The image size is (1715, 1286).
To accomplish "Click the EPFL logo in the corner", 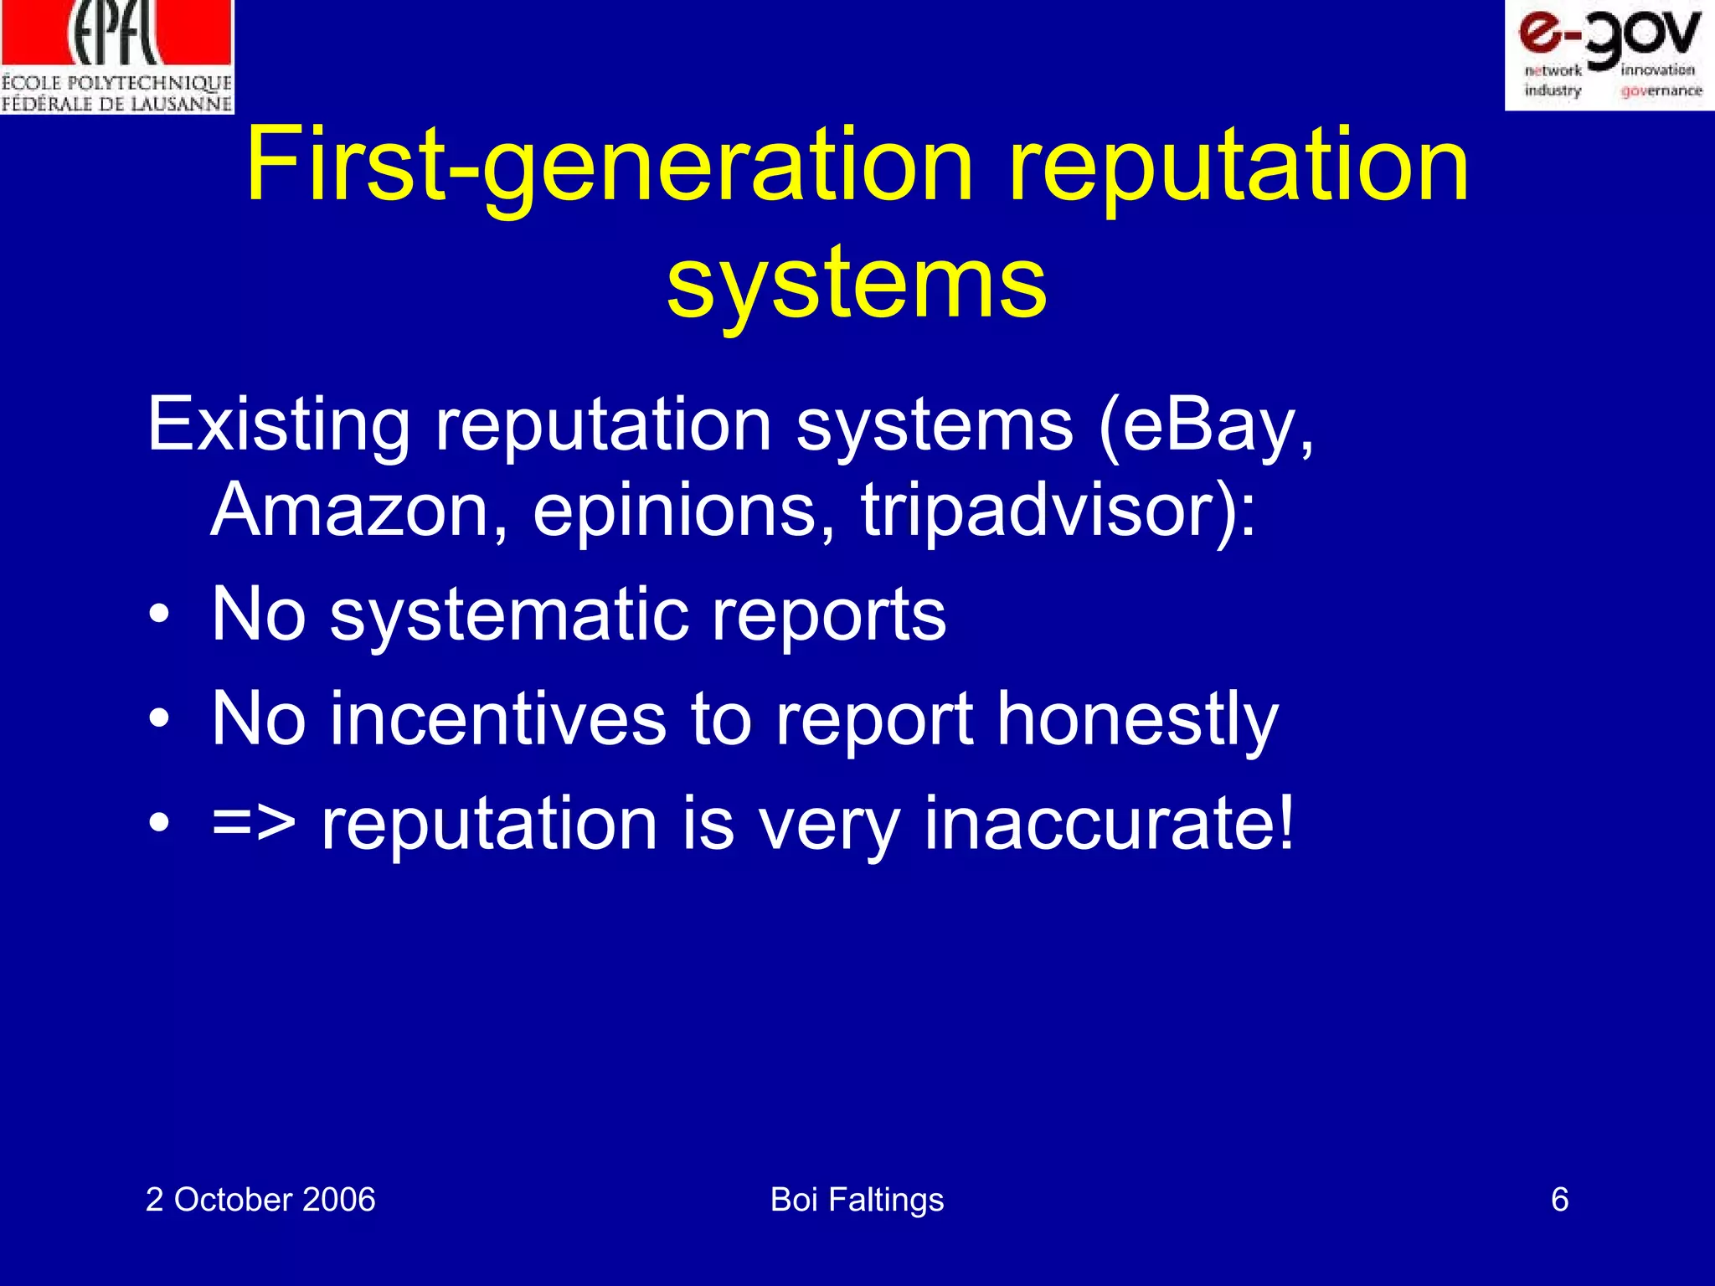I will pos(116,57).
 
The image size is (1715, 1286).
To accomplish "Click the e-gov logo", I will pos(1609,55).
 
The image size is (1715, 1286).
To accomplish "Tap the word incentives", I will pos(498,719).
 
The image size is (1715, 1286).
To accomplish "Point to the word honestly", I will pos(1137,719).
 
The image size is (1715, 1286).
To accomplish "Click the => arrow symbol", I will pos(254,824).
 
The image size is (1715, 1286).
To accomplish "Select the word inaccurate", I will pos(1108,824).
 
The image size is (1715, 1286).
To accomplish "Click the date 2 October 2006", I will pos(260,1200).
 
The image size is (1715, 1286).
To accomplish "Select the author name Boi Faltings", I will pos(857,1200).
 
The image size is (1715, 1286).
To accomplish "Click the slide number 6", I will pos(1559,1200).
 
